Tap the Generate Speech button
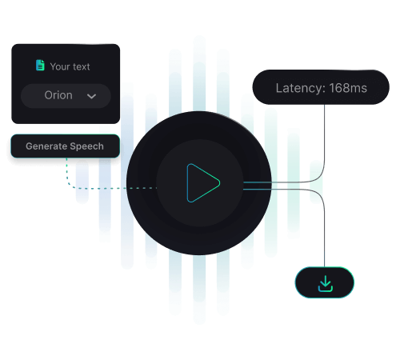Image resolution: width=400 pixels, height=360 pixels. [x=66, y=146]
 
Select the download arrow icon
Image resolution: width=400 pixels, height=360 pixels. [x=326, y=283]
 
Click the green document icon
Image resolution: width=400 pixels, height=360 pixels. [x=40, y=66]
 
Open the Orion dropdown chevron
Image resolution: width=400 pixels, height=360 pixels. [x=91, y=96]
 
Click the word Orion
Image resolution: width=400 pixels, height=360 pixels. [x=58, y=95]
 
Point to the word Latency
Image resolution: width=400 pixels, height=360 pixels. [x=298, y=88]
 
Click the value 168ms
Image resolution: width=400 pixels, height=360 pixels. [x=348, y=88]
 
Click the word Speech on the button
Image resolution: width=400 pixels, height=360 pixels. [x=86, y=146]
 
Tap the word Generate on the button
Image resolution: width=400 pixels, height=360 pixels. [x=46, y=146]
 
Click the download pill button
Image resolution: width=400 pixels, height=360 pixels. [x=325, y=282]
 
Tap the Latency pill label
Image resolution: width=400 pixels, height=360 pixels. [x=321, y=87]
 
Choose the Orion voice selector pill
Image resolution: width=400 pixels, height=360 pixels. [x=66, y=96]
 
